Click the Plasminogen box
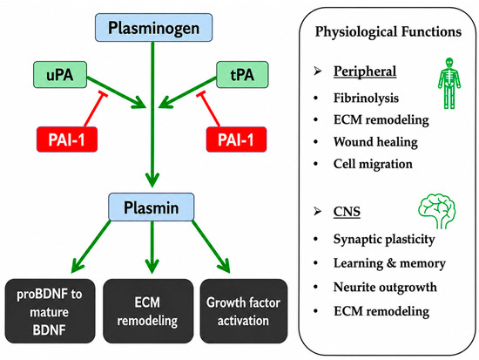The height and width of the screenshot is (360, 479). (x=153, y=28)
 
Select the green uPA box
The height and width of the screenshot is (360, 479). (x=60, y=75)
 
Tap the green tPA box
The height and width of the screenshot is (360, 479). (x=242, y=75)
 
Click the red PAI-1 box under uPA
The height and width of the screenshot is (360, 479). (x=67, y=139)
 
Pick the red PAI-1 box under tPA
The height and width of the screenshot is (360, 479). (x=236, y=139)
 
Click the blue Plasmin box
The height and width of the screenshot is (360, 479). (x=152, y=207)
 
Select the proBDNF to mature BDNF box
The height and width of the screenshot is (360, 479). (x=50, y=311)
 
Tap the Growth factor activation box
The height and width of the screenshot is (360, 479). (x=244, y=311)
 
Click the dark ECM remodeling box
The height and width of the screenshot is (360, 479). (x=148, y=311)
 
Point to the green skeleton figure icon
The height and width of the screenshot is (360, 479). (x=449, y=83)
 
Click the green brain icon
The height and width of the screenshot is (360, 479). (x=437, y=211)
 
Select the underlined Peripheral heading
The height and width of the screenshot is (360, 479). (x=365, y=71)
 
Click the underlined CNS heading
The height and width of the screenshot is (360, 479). (x=347, y=212)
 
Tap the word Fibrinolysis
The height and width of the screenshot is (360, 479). (x=366, y=98)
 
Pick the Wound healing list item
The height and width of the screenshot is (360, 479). (x=375, y=142)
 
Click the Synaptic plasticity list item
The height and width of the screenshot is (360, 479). (x=384, y=239)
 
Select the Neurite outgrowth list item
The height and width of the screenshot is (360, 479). (x=385, y=288)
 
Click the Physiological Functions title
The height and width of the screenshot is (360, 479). (x=388, y=31)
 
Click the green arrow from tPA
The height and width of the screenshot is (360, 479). (x=188, y=92)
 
